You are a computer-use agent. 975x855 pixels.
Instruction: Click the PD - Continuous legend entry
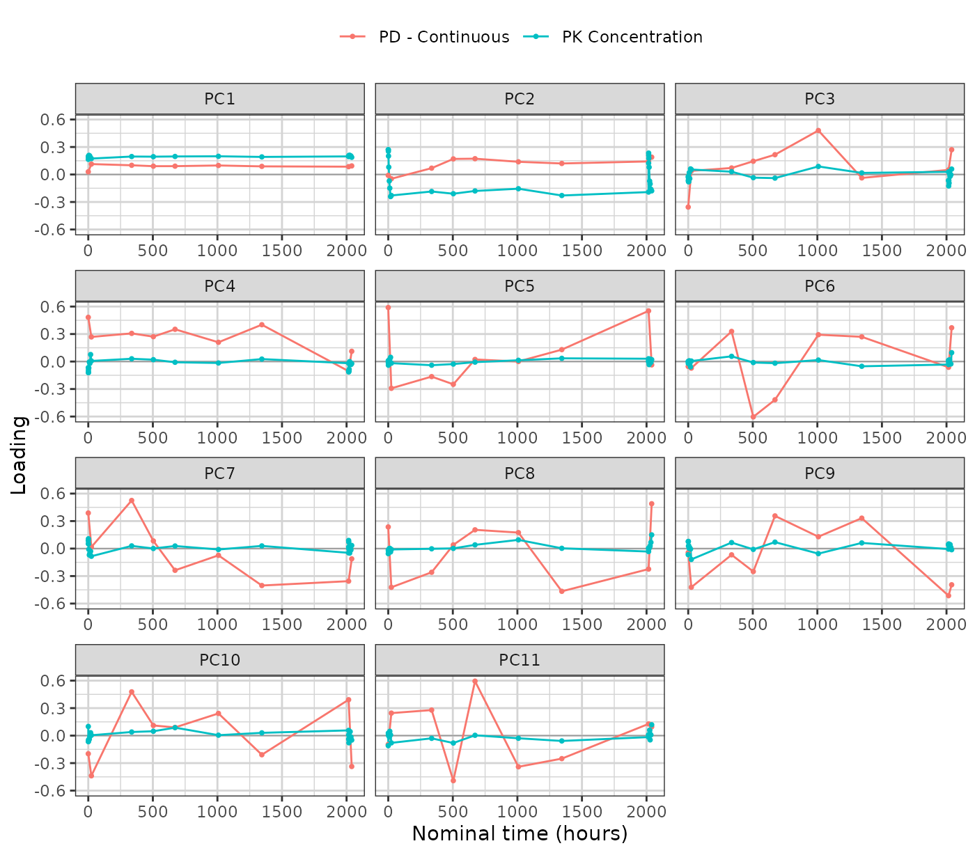point(424,37)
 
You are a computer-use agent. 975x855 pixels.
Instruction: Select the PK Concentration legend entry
point(613,37)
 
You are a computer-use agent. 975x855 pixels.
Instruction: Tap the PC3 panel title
point(819,99)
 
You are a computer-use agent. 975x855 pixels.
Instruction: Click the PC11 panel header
point(520,659)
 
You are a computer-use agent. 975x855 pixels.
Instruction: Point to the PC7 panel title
point(219,473)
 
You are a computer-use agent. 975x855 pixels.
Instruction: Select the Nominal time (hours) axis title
point(520,833)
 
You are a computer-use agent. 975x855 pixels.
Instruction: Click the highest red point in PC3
point(818,130)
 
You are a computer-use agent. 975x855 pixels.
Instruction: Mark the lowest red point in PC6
point(753,416)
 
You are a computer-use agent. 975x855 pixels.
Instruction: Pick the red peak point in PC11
point(475,682)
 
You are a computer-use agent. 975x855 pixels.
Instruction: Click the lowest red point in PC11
point(453,781)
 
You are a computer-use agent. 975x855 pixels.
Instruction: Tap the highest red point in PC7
point(132,501)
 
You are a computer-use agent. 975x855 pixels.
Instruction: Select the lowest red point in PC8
point(561,591)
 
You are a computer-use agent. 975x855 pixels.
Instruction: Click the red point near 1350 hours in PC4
point(262,324)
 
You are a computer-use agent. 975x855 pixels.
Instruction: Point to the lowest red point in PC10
point(91,776)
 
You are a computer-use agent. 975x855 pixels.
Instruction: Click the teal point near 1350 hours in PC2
point(561,196)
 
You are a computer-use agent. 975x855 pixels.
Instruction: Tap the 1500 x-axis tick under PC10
point(281,812)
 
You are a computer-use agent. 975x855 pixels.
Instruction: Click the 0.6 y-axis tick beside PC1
point(52,119)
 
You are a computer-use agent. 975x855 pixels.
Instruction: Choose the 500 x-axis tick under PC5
point(453,438)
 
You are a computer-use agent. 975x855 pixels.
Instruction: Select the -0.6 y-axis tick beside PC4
point(49,416)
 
